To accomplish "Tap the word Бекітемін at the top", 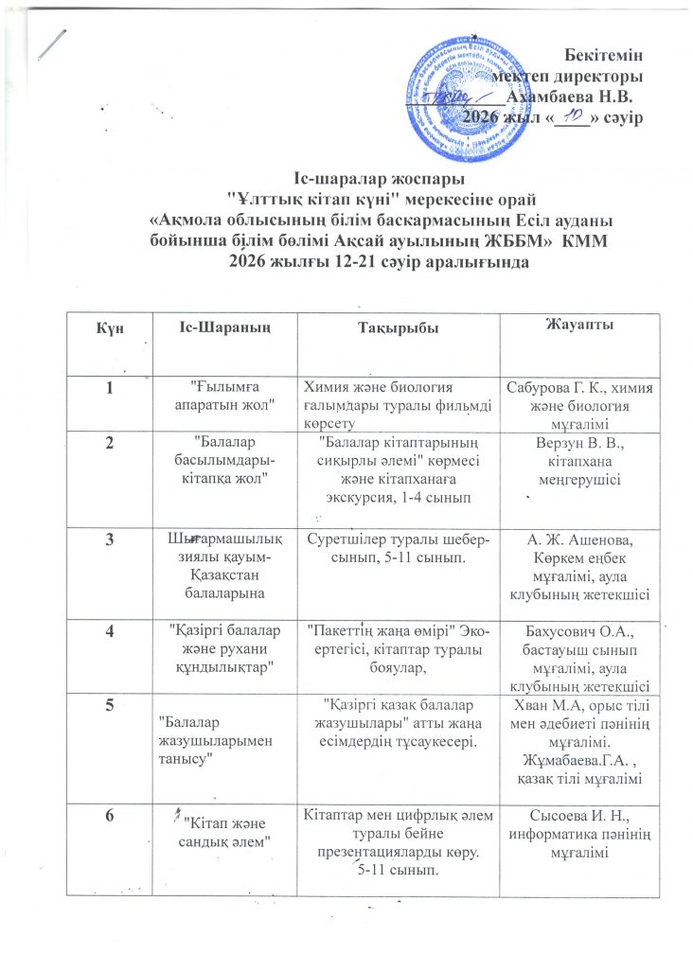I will tap(606, 54).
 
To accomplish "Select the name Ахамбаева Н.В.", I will tap(570, 95).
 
